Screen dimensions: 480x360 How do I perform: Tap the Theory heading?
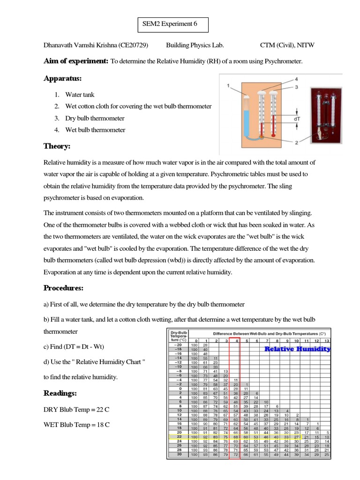[57, 146]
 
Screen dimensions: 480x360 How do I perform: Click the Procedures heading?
[63, 287]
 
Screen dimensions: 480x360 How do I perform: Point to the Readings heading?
[60, 392]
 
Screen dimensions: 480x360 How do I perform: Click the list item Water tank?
[80, 95]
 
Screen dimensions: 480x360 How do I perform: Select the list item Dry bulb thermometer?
[95, 118]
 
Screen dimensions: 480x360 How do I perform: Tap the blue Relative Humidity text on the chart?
[297, 349]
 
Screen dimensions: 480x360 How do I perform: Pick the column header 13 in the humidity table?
[326, 340]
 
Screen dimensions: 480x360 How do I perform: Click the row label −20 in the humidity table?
[178, 345]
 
